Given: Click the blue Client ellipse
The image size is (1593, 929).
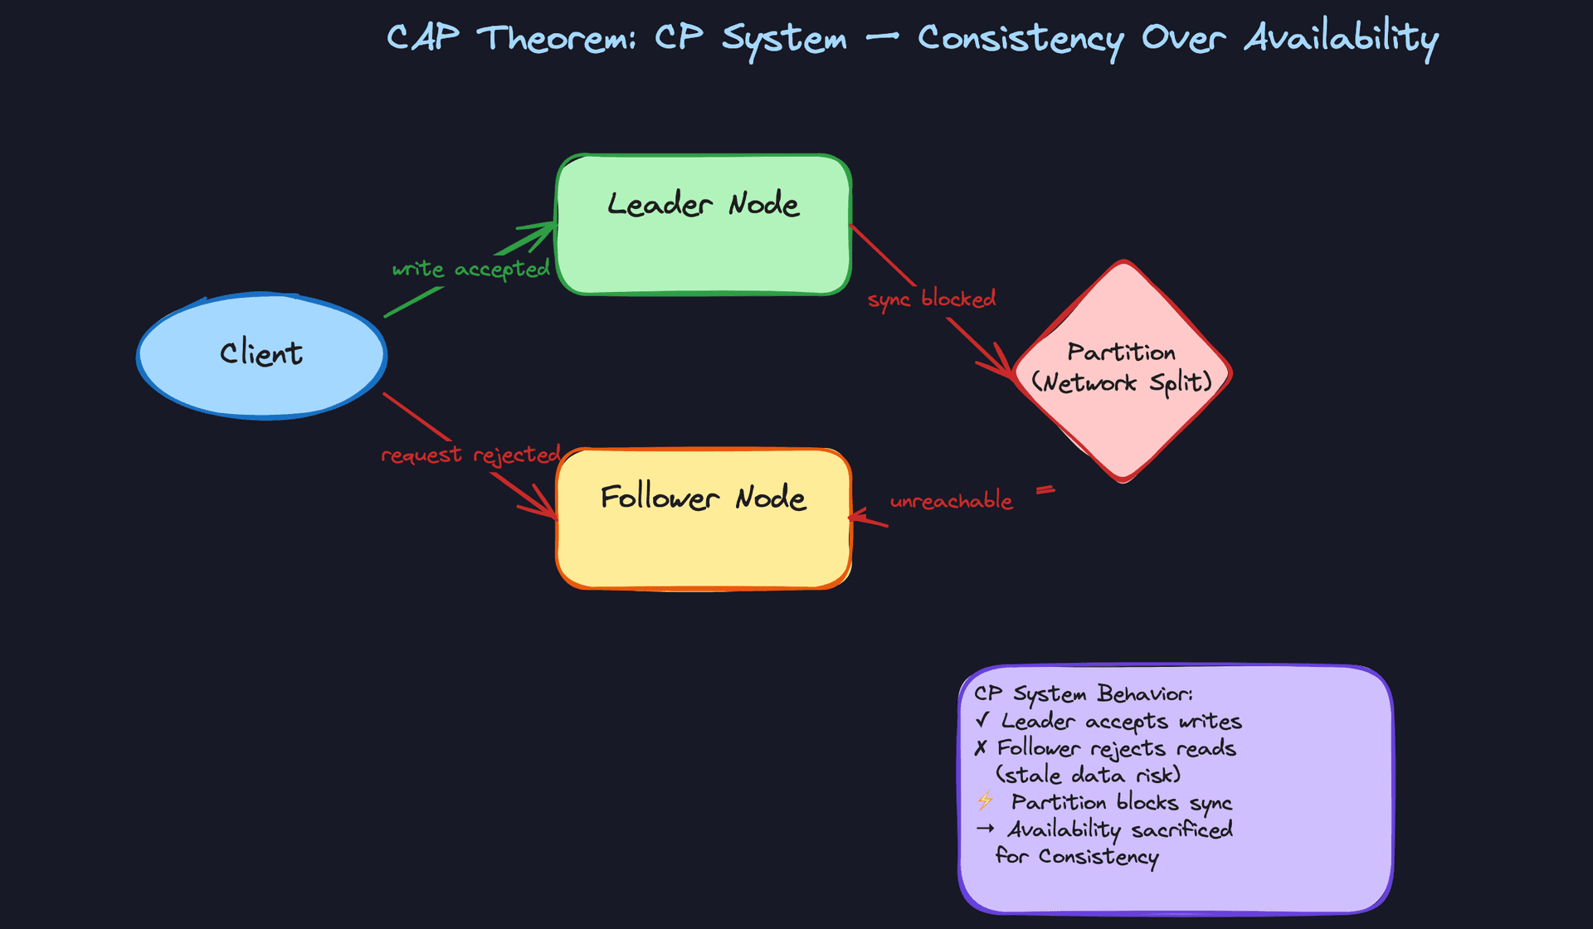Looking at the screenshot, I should point(261,355).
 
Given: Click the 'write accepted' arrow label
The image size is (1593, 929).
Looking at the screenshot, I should point(470,269).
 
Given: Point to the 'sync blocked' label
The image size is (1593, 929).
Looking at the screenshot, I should point(931,299).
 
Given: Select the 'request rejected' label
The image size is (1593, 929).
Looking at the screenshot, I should point(470,455).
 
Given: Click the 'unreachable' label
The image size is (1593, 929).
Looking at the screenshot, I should point(951,501).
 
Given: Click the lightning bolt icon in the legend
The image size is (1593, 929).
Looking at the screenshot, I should point(985,800).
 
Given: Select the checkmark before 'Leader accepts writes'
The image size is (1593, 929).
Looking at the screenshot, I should point(982,719).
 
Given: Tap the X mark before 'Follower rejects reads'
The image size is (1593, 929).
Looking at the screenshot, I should point(981,747).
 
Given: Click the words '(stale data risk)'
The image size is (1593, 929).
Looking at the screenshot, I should point(1088,775).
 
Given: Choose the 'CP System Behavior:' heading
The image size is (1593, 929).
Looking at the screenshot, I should point(1084,693).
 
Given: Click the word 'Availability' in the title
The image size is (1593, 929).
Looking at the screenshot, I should point(1341,38).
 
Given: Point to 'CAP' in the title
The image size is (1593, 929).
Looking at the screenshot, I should point(423,38).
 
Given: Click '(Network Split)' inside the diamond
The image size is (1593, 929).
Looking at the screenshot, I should point(1122,382).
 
